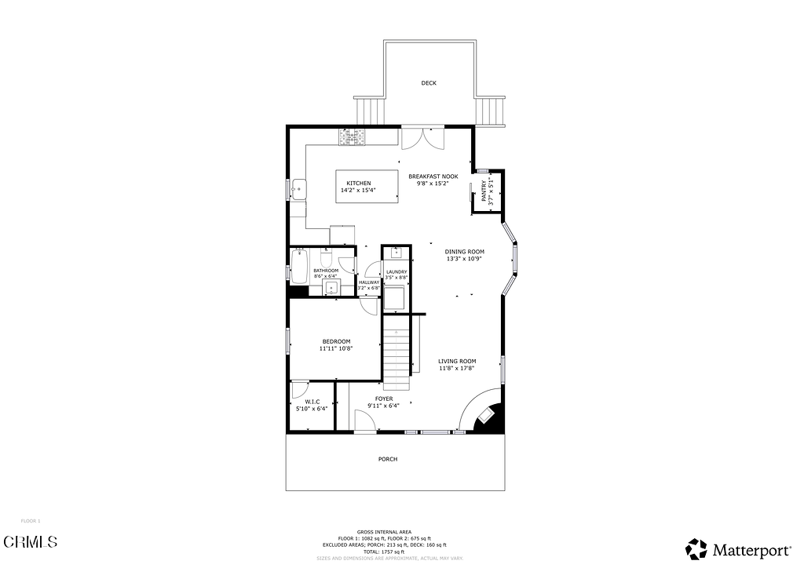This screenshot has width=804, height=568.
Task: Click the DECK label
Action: click(428, 83)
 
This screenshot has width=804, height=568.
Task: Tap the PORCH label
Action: click(388, 459)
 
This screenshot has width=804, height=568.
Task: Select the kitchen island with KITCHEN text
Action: click(367, 187)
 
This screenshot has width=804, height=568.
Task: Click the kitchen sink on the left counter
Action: click(298, 188)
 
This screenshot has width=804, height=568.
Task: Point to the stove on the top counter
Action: click(352, 137)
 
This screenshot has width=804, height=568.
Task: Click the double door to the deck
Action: click(422, 138)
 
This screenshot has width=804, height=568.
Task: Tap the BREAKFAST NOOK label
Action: click(433, 177)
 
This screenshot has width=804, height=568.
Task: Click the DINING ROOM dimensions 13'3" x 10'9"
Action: click(464, 258)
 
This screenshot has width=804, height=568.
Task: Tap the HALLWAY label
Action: click(369, 282)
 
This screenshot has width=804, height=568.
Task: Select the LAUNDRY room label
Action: click(397, 272)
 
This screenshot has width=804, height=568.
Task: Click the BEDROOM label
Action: click(336, 341)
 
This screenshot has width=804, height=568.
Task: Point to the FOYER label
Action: click(384, 399)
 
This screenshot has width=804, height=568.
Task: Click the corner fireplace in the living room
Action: click(486, 417)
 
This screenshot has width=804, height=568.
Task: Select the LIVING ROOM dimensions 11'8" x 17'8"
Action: click(457, 367)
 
